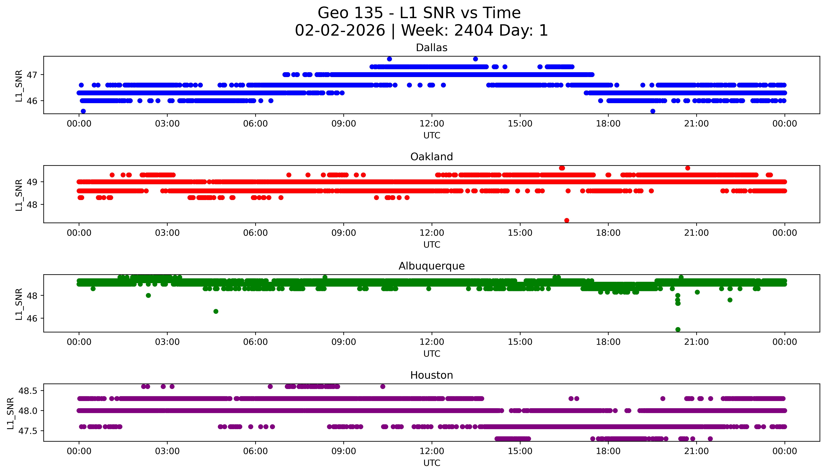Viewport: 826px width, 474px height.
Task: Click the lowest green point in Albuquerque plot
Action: [x=678, y=329]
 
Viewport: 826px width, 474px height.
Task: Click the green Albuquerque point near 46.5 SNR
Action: [x=216, y=312]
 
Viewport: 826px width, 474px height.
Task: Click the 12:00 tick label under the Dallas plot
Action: [x=432, y=124]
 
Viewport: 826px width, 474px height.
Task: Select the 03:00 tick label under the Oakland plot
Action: [x=167, y=233]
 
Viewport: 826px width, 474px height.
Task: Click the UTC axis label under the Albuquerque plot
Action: [x=432, y=354]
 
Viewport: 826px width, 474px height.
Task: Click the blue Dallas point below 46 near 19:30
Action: [x=653, y=111]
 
